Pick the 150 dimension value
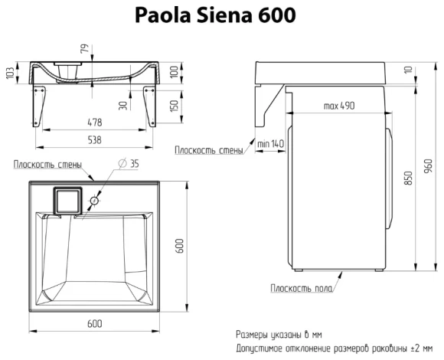[175, 105]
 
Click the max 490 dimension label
[338, 105]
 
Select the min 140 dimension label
[272, 143]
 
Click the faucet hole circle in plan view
[93, 201]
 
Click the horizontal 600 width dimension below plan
[94, 324]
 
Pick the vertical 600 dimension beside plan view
[181, 244]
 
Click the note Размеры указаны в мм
[279, 335]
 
